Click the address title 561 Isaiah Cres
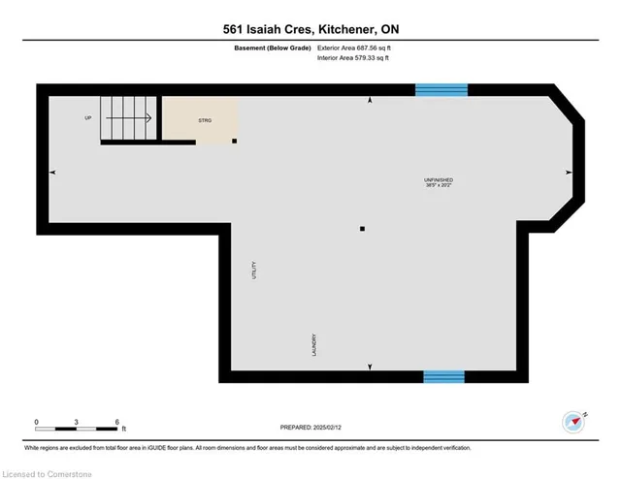(310, 28)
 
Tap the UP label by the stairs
(87, 118)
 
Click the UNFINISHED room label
(439, 180)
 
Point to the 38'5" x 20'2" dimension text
(439, 187)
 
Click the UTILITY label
(255, 271)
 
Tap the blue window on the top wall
(441, 90)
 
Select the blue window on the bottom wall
(443, 376)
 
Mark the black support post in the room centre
(362, 230)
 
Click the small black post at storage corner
(234, 141)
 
